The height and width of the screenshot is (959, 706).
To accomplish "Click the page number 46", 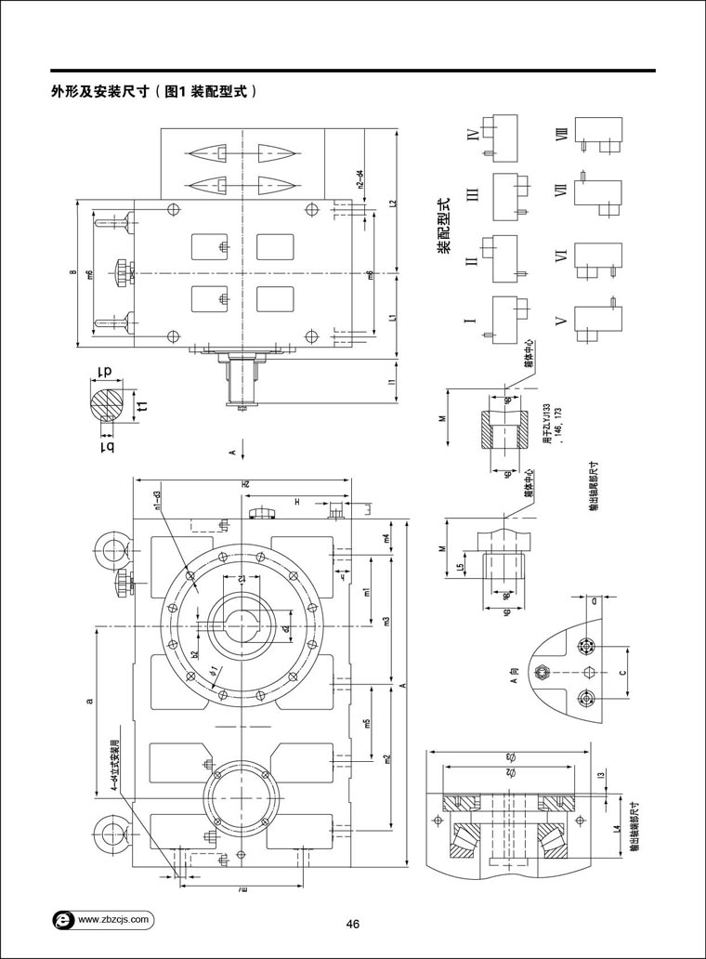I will click(x=353, y=924).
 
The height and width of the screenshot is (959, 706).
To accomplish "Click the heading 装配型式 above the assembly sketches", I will click(x=444, y=227).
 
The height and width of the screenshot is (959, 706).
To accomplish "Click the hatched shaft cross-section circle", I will click(x=111, y=403).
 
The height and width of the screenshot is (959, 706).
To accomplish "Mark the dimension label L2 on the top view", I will click(x=393, y=203).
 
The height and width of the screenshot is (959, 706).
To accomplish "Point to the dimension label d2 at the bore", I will click(x=286, y=628).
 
